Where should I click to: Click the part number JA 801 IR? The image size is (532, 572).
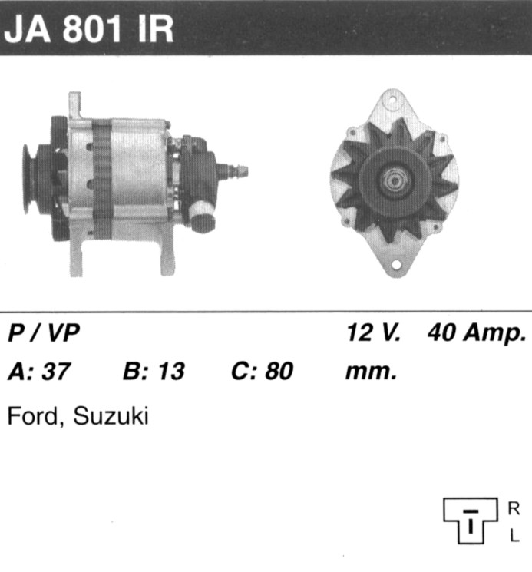pyautogui.click(x=88, y=29)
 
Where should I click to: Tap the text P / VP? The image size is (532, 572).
pyautogui.click(x=44, y=332)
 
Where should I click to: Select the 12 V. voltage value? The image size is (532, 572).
pyautogui.click(x=374, y=332)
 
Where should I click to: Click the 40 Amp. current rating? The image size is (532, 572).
pyautogui.click(x=477, y=333)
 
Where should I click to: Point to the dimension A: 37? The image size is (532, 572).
pyautogui.click(x=38, y=372)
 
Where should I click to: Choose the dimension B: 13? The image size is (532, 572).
pyautogui.click(x=154, y=372)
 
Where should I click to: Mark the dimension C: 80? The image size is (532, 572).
pyautogui.click(x=263, y=372)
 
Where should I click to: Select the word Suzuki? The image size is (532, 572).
pyautogui.click(x=111, y=415)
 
